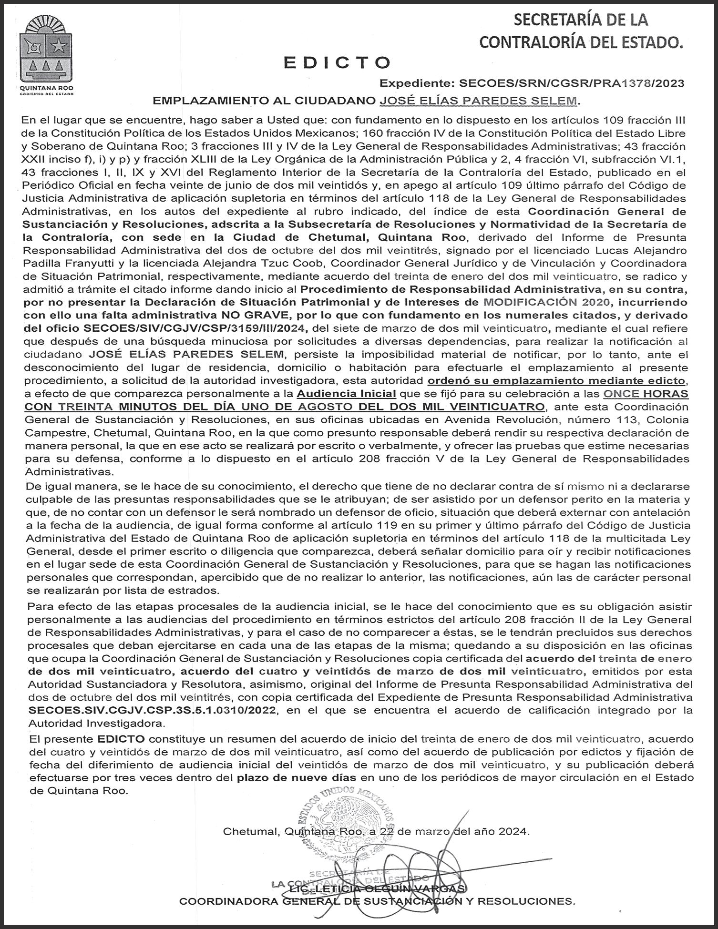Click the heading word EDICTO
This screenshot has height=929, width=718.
click(337, 62)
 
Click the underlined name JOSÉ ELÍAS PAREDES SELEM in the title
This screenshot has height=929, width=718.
click(478, 101)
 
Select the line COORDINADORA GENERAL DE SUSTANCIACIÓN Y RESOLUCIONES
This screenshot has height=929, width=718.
click(377, 901)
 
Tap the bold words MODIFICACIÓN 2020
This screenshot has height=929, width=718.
click(546, 302)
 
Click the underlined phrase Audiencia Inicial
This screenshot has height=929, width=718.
click(346, 394)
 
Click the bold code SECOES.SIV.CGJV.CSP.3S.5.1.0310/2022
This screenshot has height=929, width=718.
click(152, 710)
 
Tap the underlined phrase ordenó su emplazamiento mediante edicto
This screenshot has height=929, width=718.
click(556, 381)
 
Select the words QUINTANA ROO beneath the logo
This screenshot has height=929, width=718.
click(47, 88)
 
